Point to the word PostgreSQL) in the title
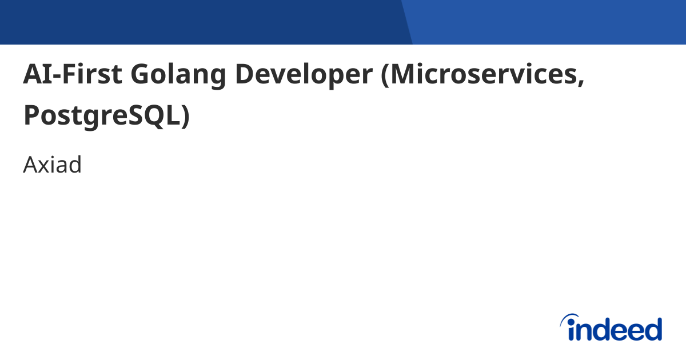[106, 115]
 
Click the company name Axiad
[53, 165]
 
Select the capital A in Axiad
[30, 165]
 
